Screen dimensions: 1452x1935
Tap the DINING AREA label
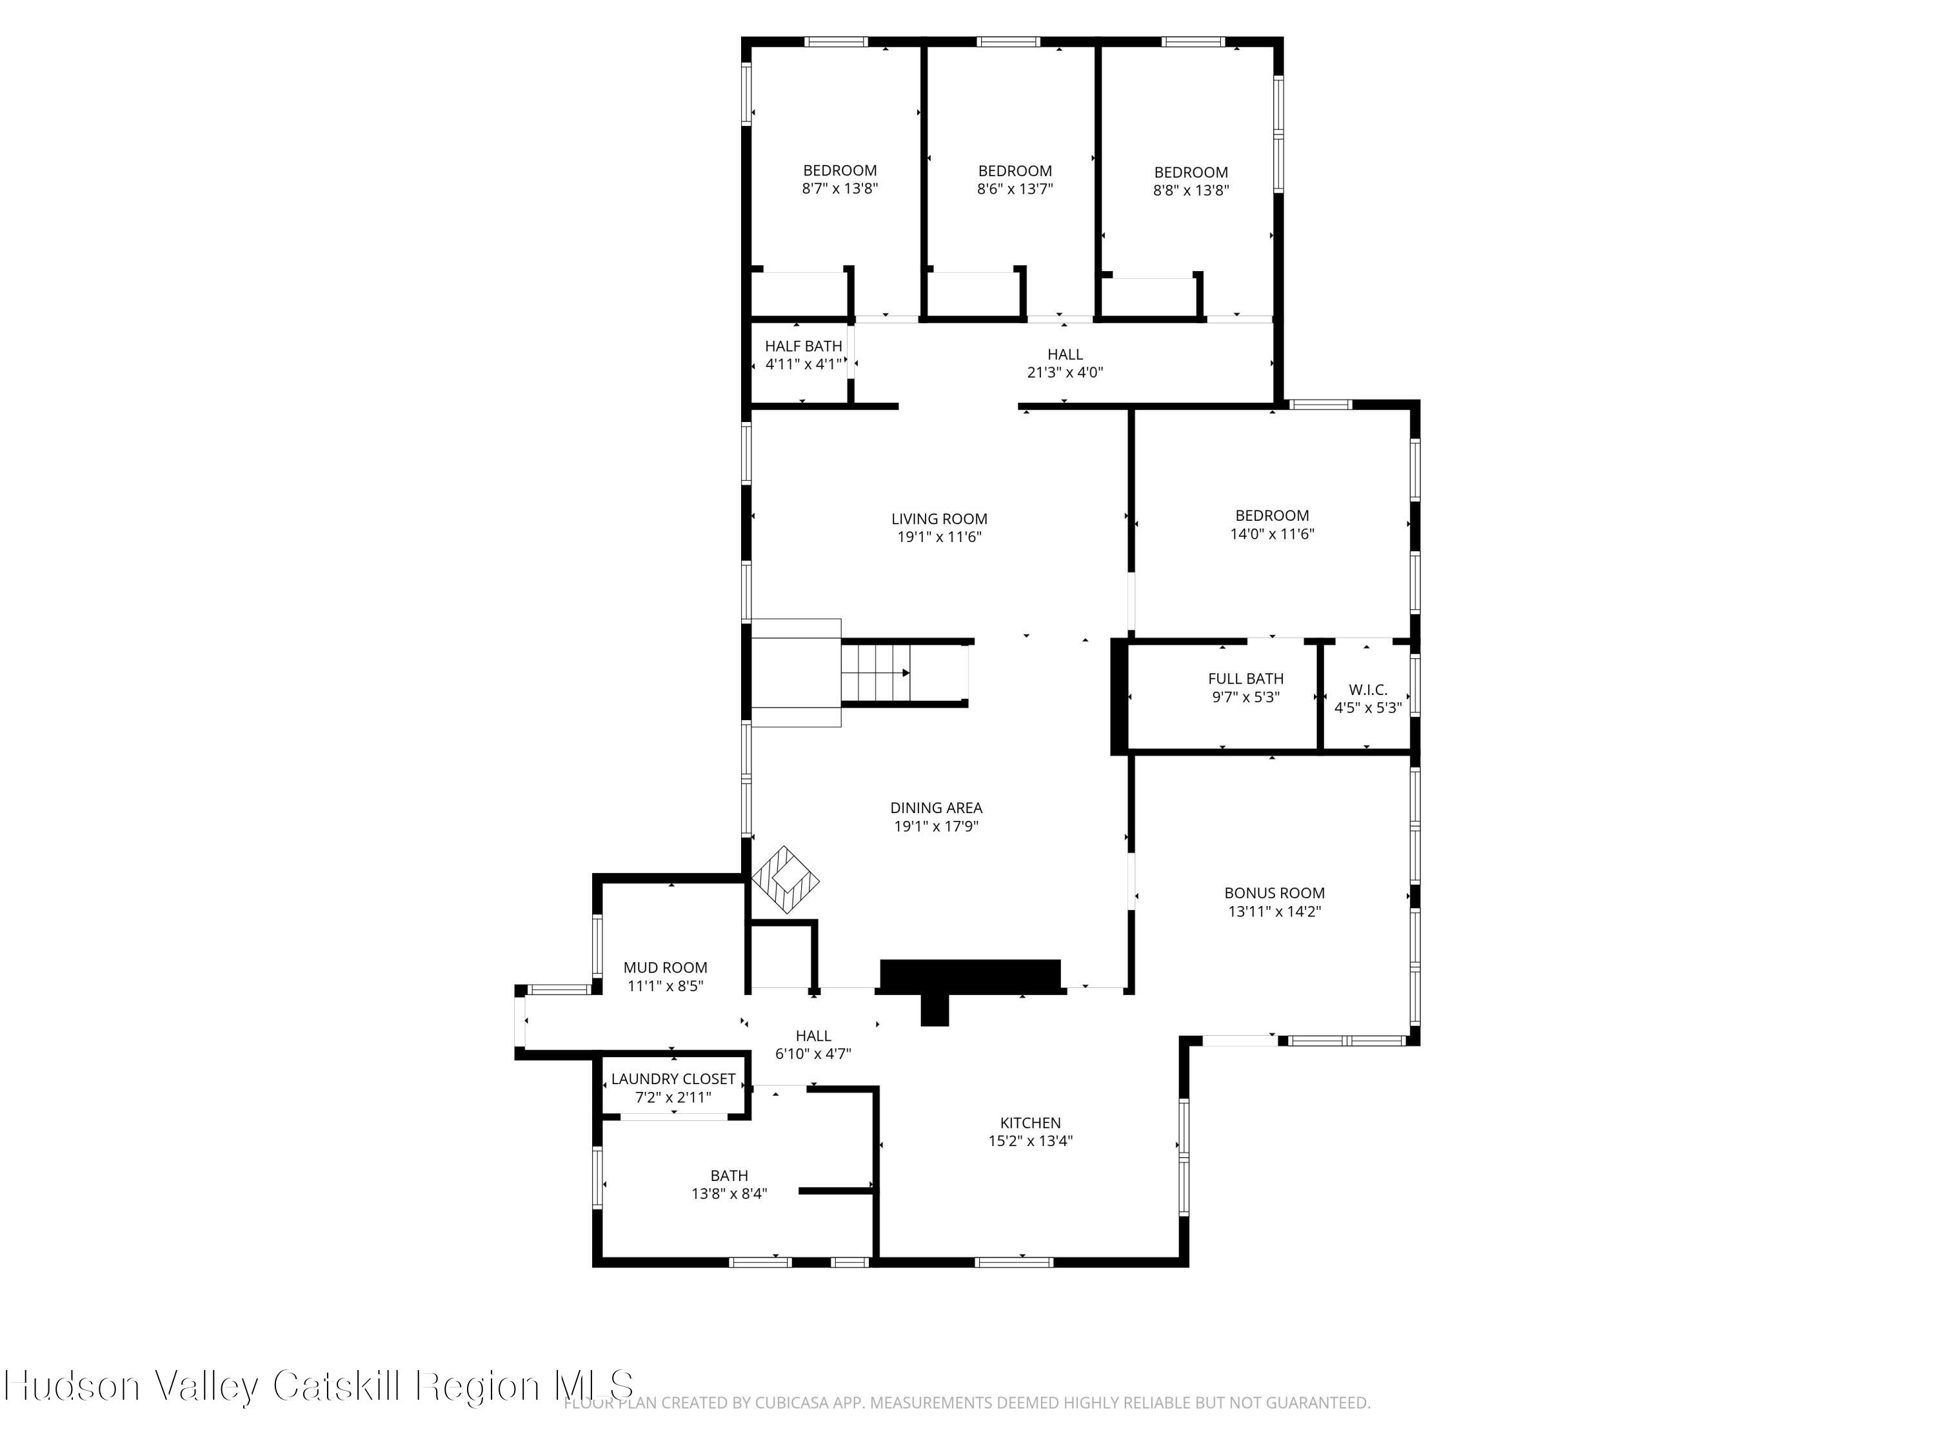tap(936, 808)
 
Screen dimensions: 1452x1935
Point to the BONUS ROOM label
tap(1274, 892)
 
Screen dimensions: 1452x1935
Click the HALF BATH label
tap(803, 347)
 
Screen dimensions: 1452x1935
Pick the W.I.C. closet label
tap(1367, 690)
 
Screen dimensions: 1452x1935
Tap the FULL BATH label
tap(1245, 678)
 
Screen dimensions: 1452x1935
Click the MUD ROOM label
tap(665, 967)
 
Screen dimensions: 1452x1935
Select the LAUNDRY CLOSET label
tap(673, 1079)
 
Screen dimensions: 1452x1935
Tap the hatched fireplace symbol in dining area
tap(786, 880)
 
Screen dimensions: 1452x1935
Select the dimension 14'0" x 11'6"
tap(1272, 534)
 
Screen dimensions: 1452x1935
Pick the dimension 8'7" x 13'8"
tap(840, 188)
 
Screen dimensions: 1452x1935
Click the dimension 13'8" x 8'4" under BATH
tap(729, 1194)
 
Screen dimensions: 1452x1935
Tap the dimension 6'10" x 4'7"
tap(813, 1054)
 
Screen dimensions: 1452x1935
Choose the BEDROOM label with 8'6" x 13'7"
tap(1015, 170)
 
